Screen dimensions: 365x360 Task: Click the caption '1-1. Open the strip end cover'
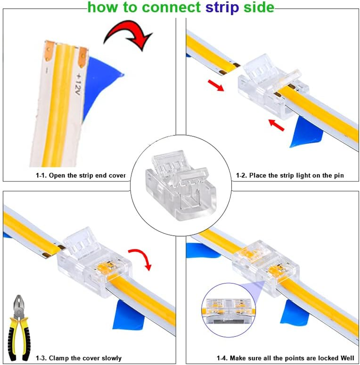click(x=81, y=176)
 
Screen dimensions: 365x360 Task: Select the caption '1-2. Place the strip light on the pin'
click(x=290, y=176)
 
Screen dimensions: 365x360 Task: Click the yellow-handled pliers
click(x=19, y=322)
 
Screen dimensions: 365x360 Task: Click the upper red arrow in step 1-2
click(x=216, y=84)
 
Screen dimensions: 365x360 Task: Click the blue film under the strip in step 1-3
click(x=130, y=315)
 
